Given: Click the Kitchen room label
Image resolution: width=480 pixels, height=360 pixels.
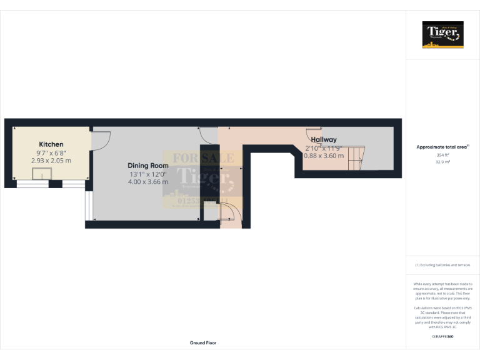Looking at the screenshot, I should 51,144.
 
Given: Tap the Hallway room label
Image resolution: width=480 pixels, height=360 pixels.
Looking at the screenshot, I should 324,139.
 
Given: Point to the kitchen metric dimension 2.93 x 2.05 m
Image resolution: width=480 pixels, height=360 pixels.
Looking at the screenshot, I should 51,161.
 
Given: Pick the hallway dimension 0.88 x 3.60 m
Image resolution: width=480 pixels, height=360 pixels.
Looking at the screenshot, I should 324,156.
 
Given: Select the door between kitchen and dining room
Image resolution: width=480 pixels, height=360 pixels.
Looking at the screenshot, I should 101,141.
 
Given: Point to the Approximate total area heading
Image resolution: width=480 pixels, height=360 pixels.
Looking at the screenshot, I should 442,147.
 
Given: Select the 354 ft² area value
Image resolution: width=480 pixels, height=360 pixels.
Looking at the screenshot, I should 442,154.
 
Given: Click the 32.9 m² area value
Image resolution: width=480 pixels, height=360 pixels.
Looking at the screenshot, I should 442,161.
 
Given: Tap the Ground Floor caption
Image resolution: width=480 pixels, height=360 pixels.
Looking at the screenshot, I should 203,343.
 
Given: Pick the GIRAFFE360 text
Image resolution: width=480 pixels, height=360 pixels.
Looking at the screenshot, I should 442,337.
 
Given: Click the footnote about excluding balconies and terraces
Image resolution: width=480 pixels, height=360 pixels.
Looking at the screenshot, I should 442,265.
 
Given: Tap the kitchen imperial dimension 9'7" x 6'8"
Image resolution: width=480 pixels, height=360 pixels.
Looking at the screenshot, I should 51,152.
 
